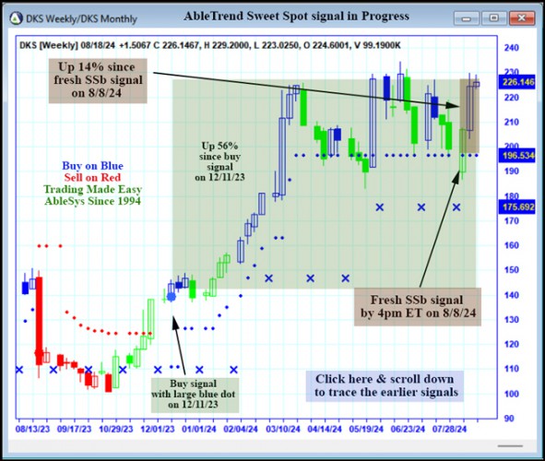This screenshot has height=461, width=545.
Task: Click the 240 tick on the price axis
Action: click(x=510, y=47)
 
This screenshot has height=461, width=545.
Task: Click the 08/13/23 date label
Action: click(x=33, y=430)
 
